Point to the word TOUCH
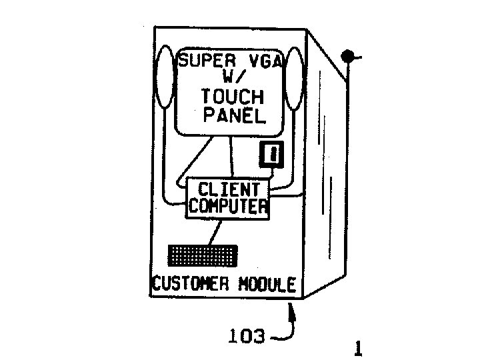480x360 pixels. [x=233, y=97]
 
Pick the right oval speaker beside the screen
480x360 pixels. [x=294, y=80]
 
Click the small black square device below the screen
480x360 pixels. [x=271, y=155]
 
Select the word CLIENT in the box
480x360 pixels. [x=228, y=189]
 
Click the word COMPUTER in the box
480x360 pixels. [x=228, y=206]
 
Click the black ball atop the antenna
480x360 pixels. [x=347, y=57]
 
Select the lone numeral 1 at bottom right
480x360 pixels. [x=359, y=348]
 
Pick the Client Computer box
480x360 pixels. [x=228, y=197]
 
